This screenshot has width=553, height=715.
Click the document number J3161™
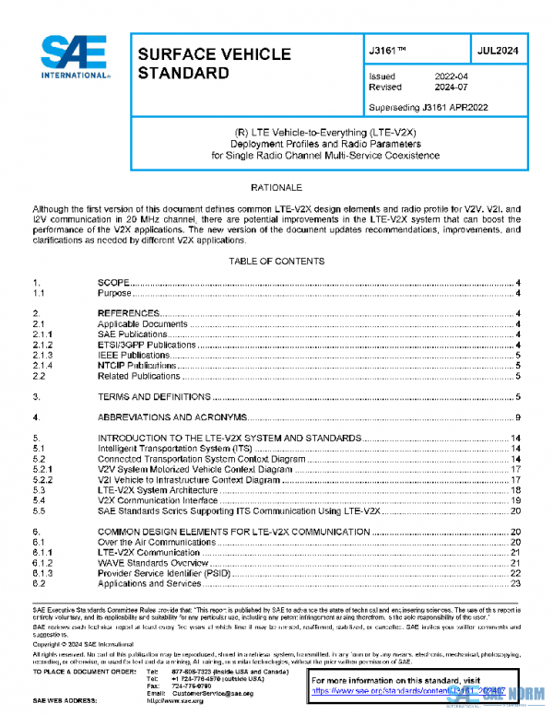(x=388, y=53)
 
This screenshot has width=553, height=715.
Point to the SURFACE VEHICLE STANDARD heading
(x=214, y=64)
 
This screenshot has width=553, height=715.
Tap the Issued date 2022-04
(x=453, y=76)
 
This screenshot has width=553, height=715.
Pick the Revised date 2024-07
(x=453, y=88)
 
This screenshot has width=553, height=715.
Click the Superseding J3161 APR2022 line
(x=428, y=107)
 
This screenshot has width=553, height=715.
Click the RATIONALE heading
(x=276, y=187)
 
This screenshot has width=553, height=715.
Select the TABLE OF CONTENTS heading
(x=276, y=261)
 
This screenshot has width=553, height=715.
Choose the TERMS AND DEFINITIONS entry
(x=154, y=396)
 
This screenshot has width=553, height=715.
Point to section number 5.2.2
(x=43, y=480)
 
